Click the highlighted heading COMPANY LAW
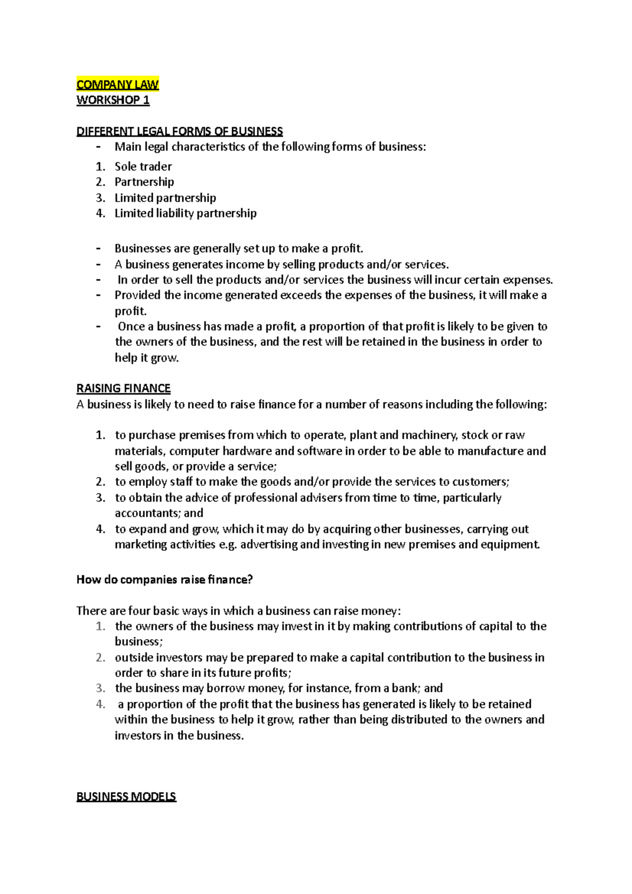click(x=117, y=84)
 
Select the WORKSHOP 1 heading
click(x=113, y=100)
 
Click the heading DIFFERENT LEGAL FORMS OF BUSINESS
click(x=180, y=131)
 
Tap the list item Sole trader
click(x=143, y=166)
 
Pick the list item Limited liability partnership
click(x=185, y=213)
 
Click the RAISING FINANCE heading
click(x=123, y=389)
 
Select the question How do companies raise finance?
click(x=164, y=580)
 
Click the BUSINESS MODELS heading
click(x=126, y=797)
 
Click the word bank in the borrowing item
click(x=404, y=688)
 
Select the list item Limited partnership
click(x=165, y=198)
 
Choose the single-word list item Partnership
click(x=144, y=182)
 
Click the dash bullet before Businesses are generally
click(x=98, y=249)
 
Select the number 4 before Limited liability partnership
click(x=100, y=213)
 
